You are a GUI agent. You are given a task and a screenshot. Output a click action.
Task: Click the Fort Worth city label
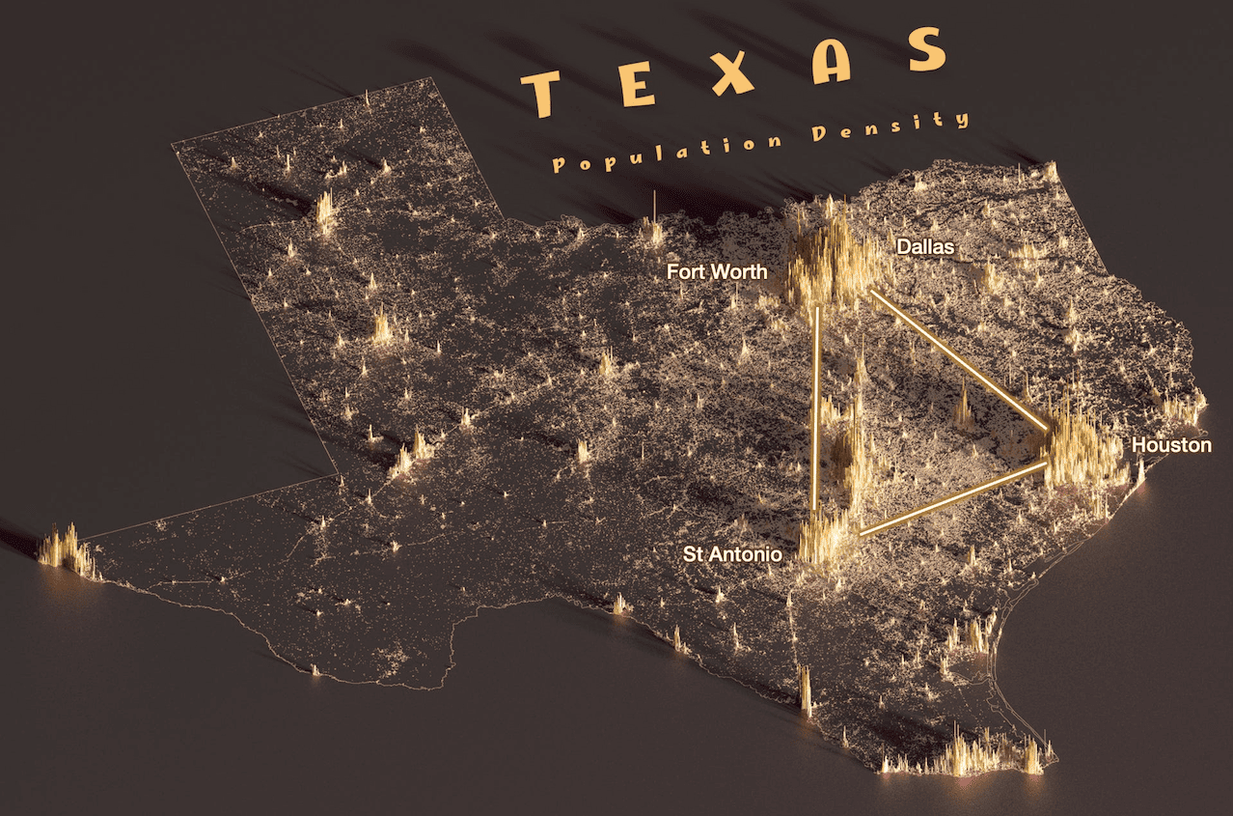click(x=717, y=272)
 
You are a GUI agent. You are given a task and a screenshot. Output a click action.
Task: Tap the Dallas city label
click(x=925, y=247)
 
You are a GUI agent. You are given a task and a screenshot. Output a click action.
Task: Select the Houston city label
click(x=1171, y=445)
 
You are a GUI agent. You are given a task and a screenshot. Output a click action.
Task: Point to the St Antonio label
click(x=732, y=554)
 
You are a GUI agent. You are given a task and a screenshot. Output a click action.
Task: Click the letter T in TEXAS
click(x=542, y=94)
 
